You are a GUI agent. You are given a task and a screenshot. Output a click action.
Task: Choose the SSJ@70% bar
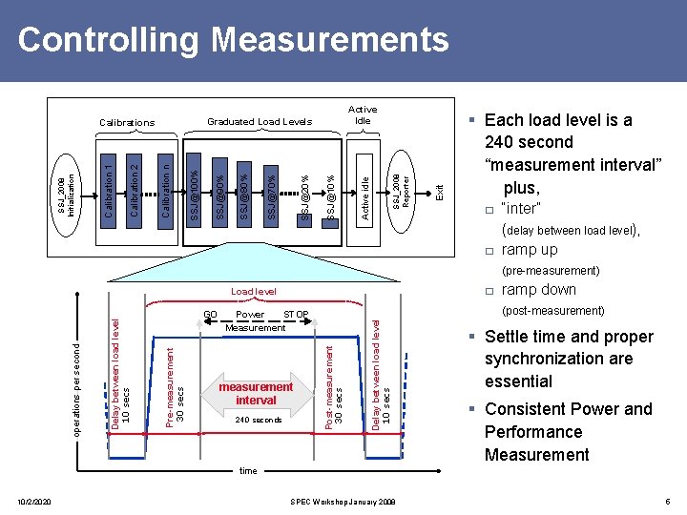pyautogui.click(x=272, y=196)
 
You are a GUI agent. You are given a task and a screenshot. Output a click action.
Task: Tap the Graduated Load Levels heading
pyautogui.click(x=260, y=122)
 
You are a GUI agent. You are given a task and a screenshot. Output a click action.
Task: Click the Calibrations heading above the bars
pyautogui.click(x=127, y=123)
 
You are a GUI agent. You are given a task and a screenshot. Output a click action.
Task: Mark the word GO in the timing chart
pyautogui.click(x=211, y=315)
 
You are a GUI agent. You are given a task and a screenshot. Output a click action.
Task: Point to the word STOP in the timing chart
pyautogui.click(x=296, y=315)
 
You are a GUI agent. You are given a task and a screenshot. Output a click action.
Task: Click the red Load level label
pyautogui.click(x=254, y=291)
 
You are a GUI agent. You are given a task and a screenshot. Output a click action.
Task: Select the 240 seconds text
pyautogui.click(x=258, y=421)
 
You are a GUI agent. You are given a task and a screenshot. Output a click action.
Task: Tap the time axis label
pyautogui.click(x=248, y=471)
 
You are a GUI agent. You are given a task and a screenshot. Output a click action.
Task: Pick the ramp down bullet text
pyautogui.click(x=538, y=290)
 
